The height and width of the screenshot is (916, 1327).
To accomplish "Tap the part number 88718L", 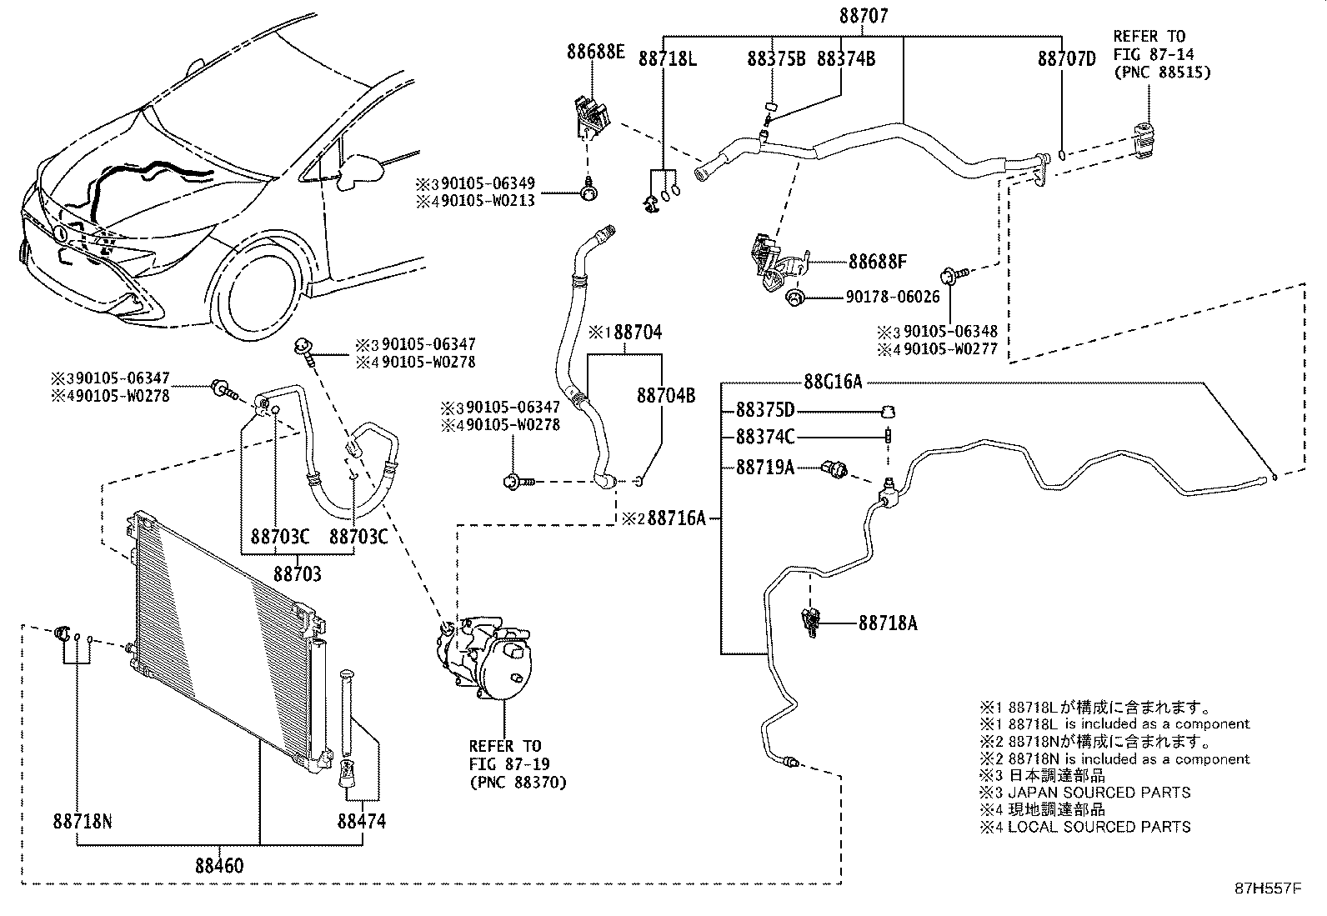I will click(x=668, y=58).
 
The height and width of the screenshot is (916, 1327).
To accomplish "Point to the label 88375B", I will click(x=776, y=58).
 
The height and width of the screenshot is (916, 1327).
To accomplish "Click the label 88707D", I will click(x=1066, y=58).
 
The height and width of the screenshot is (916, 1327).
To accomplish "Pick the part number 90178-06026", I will click(x=892, y=297).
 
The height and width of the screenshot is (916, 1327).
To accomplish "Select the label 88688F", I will click(x=878, y=262).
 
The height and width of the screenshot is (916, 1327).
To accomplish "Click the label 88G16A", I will click(x=833, y=382).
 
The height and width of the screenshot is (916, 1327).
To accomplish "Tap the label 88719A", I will click(x=765, y=468).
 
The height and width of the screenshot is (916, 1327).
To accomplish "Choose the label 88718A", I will click(x=888, y=623).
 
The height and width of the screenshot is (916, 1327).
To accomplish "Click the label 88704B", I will click(x=666, y=395).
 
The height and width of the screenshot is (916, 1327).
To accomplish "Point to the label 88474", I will click(x=362, y=821).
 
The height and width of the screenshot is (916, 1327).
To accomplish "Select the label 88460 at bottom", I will click(x=220, y=866).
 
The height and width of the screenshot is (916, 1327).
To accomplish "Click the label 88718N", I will click(x=82, y=821).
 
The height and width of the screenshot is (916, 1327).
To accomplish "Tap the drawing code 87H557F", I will click(x=1267, y=888).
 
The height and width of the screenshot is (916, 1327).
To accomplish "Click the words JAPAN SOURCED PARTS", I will click(x=1099, y=792).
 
